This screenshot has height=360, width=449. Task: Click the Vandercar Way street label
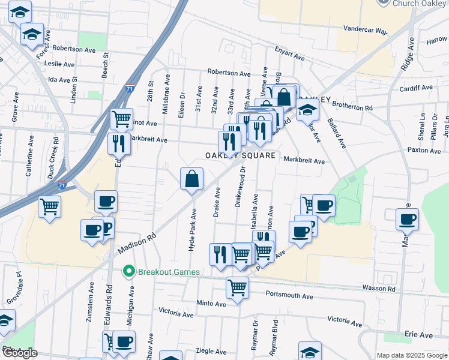click(x=366, y=29)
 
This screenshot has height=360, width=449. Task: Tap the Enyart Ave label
click(x=289, y=54)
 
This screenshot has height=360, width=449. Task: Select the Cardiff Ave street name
click(x=416, y=88)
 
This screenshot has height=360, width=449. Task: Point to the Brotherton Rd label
click(x=352, y=107)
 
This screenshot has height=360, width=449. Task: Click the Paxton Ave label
click(x=424, y=150)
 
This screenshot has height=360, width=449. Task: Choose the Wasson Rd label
click(x=379, y=289)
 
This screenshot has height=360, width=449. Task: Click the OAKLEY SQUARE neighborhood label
click(x=241, y=155)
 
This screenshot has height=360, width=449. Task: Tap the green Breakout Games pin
click(x=127, y=272)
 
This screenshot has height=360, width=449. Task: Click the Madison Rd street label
click(x=137, y=243)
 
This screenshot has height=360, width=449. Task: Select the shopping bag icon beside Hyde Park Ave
click(x=191, y=179)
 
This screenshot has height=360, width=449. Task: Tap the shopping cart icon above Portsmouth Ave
click(x=238, y=287)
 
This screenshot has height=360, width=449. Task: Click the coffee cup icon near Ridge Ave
click(x=407, y=219)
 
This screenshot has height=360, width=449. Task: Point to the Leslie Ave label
click(x=60, y=64)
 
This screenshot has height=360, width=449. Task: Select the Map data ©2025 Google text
click(x=412, y=355)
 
